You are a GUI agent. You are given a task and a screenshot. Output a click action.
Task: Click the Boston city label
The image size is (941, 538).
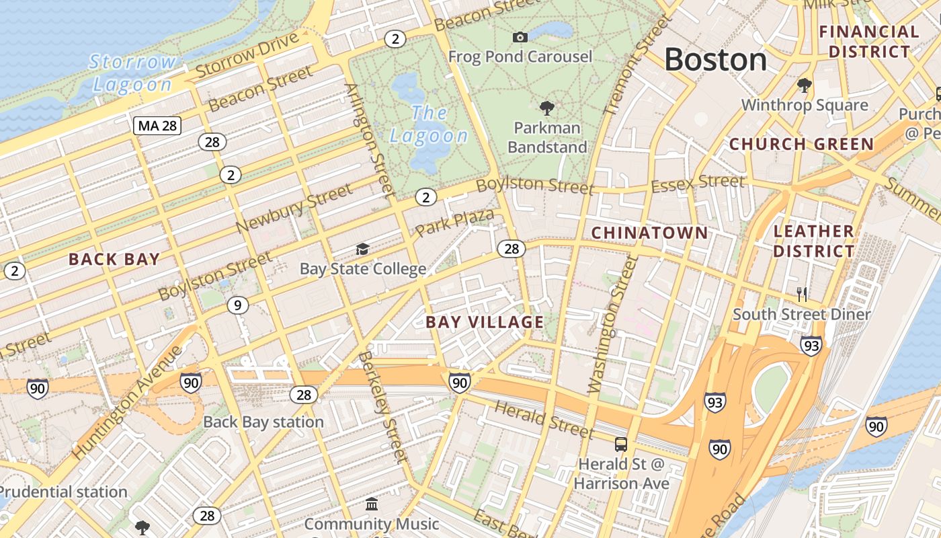pos(715,60)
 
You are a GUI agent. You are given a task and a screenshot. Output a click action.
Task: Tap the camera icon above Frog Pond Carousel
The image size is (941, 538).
pos(520,37)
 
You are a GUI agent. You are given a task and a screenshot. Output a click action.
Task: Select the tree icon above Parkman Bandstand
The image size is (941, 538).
pos(547,108)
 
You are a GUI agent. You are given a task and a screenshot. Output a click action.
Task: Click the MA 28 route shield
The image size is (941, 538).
pos(157,125)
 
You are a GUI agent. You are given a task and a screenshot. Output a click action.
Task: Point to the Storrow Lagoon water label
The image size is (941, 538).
pos(132,73)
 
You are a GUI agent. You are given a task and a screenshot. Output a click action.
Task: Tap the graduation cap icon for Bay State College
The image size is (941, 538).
pos(362,249)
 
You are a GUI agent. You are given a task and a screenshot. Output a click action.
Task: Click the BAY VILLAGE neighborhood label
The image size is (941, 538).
pos(485,322)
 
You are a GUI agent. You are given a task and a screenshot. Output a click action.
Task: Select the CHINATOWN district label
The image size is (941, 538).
pos(649,233)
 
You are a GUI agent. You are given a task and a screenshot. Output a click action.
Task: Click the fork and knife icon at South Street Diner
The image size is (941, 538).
pos(801,294)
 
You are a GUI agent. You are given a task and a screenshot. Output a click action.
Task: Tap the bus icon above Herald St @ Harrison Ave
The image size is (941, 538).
pos(620,445)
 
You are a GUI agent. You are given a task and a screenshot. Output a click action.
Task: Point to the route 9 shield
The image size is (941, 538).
pos(237,305)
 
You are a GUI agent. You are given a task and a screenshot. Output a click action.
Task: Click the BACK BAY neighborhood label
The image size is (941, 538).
pos(114,259)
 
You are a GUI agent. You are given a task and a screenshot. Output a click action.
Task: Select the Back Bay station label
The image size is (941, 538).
pos(263,422)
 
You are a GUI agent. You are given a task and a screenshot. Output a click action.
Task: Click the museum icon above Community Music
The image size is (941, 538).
pos(371,504)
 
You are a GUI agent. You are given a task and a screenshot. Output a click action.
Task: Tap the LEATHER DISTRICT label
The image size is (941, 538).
pos(813,241)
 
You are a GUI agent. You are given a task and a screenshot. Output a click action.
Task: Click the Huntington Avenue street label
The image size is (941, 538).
pos(126,403)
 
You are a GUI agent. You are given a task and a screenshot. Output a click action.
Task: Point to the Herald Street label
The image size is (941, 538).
pos(544,419)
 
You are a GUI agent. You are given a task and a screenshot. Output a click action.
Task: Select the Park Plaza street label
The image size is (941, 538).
pos(454,223)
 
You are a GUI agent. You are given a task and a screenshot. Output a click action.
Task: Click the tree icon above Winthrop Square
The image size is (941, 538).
pos(804,85)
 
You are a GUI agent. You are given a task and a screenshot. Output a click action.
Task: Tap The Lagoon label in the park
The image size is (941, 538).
pos(429,124)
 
